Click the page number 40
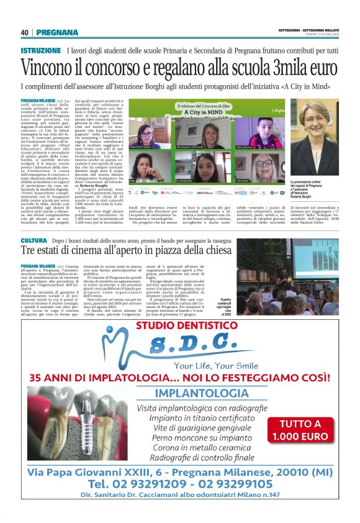click(x=25, y=32)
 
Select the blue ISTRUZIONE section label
click(x=40, y=50)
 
